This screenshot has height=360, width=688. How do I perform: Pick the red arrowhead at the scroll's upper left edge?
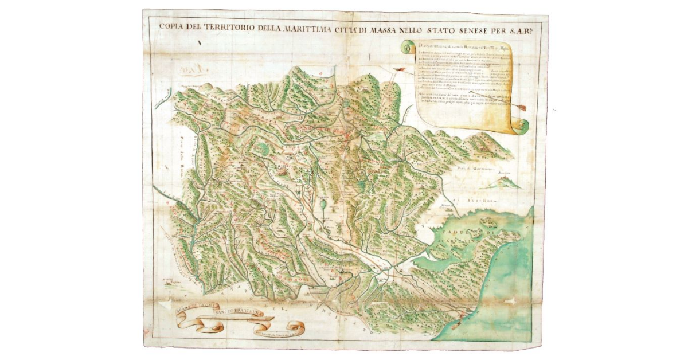click(400, 70)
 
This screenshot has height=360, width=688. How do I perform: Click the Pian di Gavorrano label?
click(475, 169)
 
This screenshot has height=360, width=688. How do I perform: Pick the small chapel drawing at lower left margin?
click(166, 280)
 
